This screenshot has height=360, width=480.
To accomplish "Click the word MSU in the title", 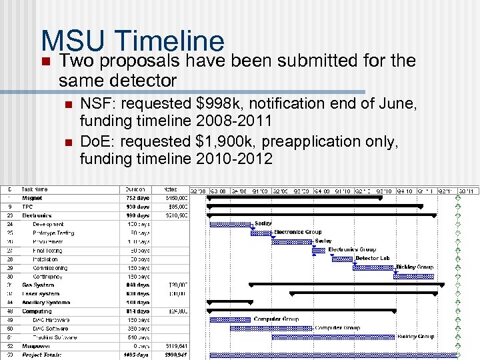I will tap(72, 41).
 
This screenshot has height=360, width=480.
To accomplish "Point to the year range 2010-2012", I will tap(235, 159).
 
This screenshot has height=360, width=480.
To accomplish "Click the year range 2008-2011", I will tap(235, 121).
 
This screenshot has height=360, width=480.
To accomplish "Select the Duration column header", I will tap(137, 189).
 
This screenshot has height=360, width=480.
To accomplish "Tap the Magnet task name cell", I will tap(32, 198).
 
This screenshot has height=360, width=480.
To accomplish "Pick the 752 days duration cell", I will tap(138, 198).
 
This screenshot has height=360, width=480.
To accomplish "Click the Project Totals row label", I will tap(41, 355).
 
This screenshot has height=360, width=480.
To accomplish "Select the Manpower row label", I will tap(37, 346).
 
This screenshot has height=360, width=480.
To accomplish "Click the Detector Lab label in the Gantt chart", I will tap(372, 258).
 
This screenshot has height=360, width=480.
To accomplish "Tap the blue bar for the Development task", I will tap(231, 224).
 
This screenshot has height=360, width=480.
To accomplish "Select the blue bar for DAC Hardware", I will tap(231, 319).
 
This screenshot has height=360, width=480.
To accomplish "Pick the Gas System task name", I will tap(38, 285).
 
